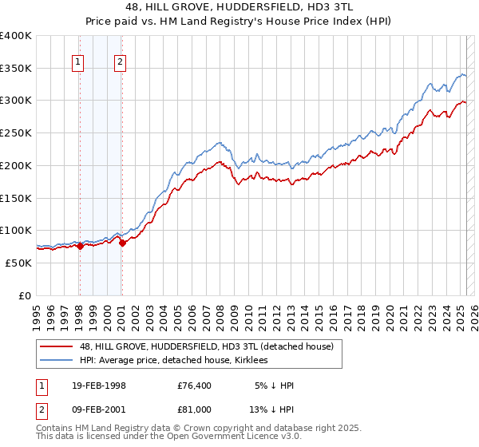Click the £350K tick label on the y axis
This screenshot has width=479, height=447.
(x=15, y=69)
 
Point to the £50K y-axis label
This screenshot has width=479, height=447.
(x=18, y=263)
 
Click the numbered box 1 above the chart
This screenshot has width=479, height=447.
(x=78, y=61)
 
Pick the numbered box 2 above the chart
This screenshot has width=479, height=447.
(x=121, y=61)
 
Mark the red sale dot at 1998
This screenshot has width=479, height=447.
(x=80, y=246)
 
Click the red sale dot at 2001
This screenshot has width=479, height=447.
(x=122, y=243)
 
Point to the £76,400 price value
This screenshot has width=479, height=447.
(x=195, y=386)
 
